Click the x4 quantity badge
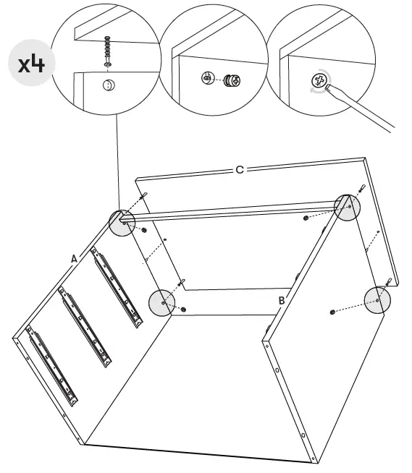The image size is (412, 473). point(32,63)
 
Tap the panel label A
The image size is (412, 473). point(74,257)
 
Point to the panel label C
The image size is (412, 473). point(239,169)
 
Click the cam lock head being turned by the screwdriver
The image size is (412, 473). point(318,81)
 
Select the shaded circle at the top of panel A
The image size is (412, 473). point(122,223)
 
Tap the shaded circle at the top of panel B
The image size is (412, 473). point(348,208)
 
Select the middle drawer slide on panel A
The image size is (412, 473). point(85,325)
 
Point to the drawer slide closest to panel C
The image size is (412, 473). point(116,287)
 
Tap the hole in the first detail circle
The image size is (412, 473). point(107,85)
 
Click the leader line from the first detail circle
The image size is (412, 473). point(117,159)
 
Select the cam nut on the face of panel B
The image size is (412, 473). point(331,312)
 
